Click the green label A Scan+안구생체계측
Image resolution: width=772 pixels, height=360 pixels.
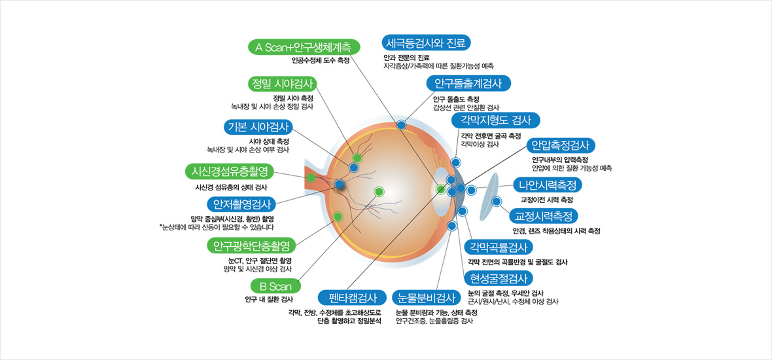click(x=302, y=48)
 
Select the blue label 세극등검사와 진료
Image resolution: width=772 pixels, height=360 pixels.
click(x=426, y=44)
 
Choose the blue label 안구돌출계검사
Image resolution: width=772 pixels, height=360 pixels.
click(x=468, y=84)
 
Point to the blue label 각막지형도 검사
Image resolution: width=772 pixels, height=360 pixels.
click(x=496, y=120)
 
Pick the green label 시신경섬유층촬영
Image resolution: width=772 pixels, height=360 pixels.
click(x=227, y=171)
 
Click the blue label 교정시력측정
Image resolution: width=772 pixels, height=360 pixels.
click(x=544, y=215)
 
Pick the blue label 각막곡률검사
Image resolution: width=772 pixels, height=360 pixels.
click(x=498, y=247)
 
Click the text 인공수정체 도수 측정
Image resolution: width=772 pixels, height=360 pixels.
click(x=321, y=60)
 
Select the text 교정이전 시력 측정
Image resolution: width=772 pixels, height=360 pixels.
click(x=546, y=199)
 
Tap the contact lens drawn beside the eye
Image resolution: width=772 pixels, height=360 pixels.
click(x=490, y=200)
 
